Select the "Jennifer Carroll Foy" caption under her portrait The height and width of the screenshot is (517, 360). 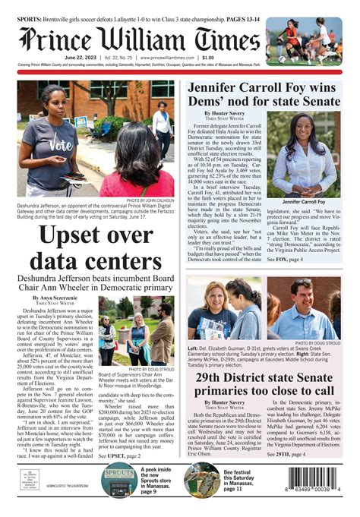(x=303, y=202)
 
